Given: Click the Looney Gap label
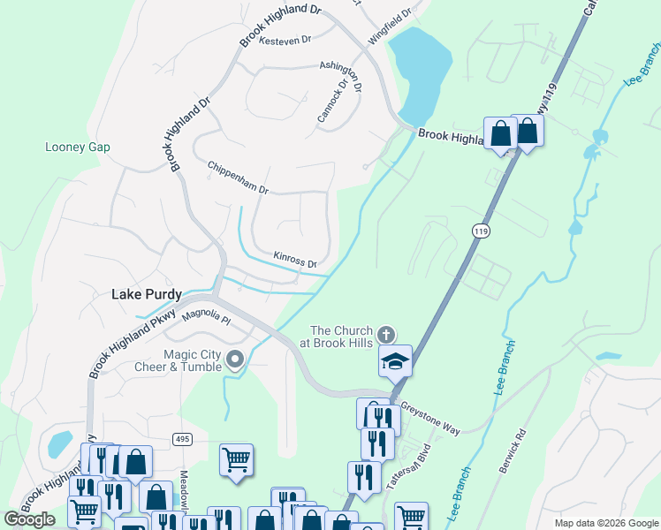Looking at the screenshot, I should pyautogui.click(x=78, y=147).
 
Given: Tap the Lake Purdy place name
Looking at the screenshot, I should pyautogui.click(x=147, y=294).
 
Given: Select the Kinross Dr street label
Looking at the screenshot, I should pyautogui.click(x=295, y=260).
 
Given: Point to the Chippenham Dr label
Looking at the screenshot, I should pyautogui.click(x=237, y=178).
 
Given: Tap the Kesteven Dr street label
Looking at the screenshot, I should pyautogui.click(x=286, y=40).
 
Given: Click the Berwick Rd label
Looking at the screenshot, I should pyautogui.click(x=513, y=451).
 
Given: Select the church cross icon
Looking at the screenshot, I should pyautogui.click(x=385, y=335).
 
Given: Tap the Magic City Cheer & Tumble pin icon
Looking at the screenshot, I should pyautogui.click(x=235, y=359).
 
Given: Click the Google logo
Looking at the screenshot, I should pyautogui.click(x=29, y=519).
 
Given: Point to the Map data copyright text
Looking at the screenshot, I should pyautogui.click(x=605, y=523).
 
